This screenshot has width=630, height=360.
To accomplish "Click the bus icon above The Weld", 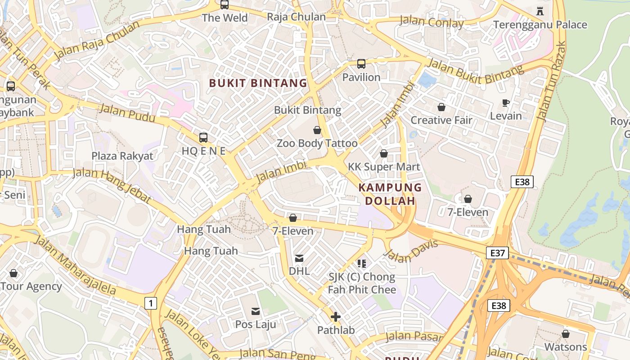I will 225,5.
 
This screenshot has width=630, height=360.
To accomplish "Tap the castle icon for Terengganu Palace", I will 540,11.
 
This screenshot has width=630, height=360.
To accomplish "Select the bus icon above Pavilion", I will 361,64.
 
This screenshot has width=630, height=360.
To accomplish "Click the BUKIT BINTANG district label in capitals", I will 258,83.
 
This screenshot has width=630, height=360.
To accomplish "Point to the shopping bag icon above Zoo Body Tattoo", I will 317,130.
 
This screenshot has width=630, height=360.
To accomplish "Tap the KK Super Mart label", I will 384,167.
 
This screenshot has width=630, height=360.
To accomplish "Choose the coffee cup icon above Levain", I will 506,103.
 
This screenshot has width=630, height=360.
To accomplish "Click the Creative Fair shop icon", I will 441,107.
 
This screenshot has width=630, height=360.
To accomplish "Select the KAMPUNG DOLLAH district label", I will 390,194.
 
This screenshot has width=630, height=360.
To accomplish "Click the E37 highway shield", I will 497,253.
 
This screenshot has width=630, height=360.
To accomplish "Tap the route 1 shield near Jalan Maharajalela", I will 151,303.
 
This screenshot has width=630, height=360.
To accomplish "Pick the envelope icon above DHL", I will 299,258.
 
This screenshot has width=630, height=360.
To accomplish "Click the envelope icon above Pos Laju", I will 256,311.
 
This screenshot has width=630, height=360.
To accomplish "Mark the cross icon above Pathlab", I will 336,317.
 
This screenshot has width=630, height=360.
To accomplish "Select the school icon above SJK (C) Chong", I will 362,263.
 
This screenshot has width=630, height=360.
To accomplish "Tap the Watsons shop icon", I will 566,334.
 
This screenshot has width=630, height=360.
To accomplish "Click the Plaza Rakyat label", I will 122,156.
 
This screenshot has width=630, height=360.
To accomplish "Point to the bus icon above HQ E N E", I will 203,138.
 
